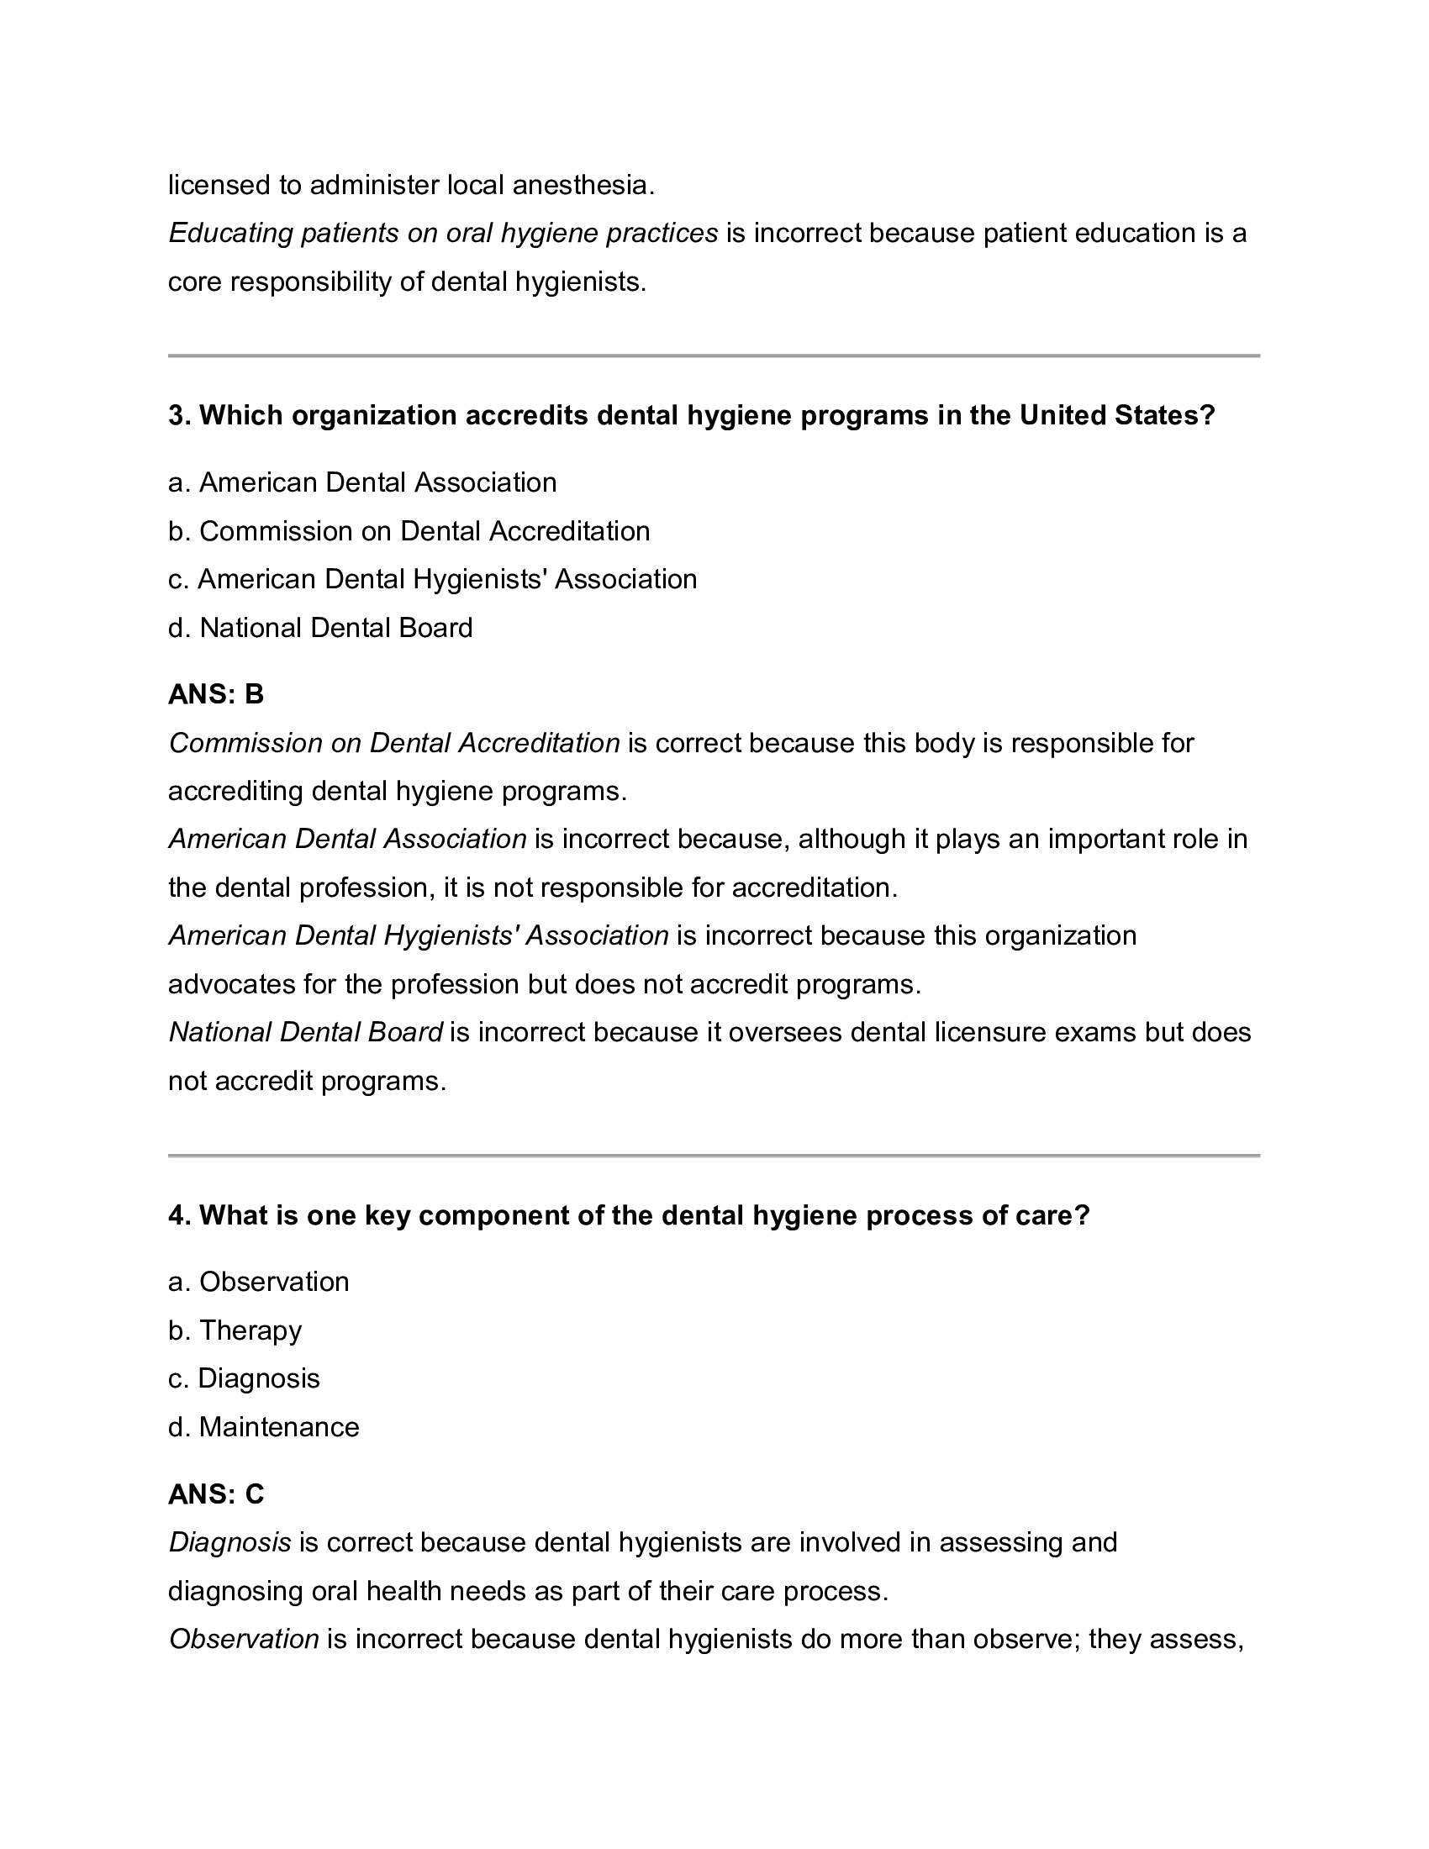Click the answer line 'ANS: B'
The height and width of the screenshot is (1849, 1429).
pos(216,694)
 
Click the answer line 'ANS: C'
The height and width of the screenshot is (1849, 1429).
pos(216,1494)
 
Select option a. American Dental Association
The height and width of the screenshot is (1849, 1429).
pos(362,482)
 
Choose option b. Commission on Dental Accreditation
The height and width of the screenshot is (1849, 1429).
pos(409,531)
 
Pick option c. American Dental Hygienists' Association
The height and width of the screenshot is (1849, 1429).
pos(432,579)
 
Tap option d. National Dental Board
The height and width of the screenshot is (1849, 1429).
pos(320,627)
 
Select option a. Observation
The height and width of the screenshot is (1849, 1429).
pos(258,1282)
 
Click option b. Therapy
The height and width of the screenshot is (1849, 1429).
pos(235,1330)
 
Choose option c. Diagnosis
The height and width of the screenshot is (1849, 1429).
pos(244,1378)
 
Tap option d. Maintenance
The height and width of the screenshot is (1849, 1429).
pos(263,1426)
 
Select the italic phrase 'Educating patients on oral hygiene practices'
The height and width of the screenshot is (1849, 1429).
pos(443,233)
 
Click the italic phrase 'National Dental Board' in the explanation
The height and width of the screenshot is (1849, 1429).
pos(306,1032)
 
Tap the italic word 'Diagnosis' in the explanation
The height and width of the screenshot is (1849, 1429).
pos(230,1542)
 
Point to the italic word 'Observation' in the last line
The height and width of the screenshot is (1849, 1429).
pos(244,1639)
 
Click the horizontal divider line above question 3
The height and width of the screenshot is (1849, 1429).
pos(714,356)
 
